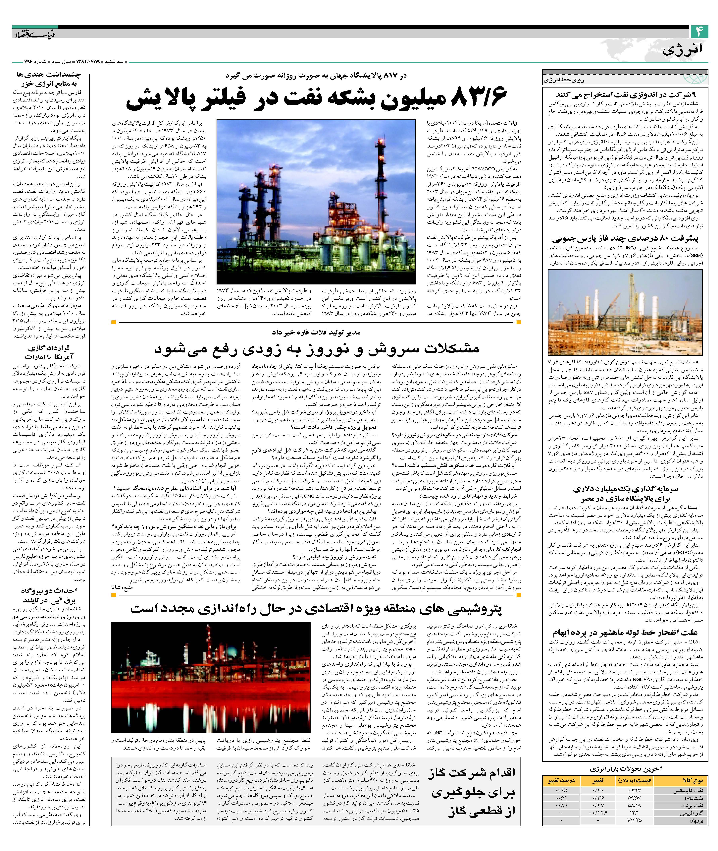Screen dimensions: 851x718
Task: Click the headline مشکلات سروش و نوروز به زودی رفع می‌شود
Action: [x=317, y=349]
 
